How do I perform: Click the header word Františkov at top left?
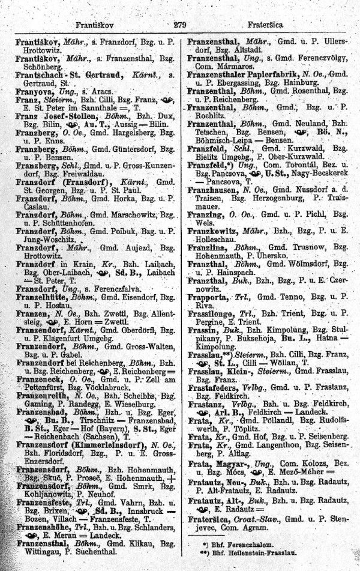click(98, 25)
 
